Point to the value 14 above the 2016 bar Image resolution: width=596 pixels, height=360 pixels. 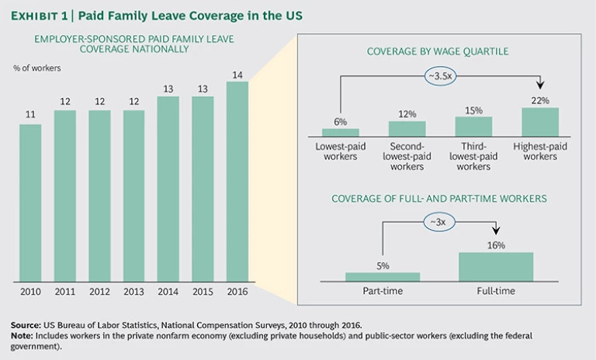pos(237,74)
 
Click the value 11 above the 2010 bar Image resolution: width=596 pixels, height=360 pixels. pos(30,116)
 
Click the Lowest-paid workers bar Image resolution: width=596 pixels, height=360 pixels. pos(340,132)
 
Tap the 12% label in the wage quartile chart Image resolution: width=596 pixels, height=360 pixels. pos(407,114)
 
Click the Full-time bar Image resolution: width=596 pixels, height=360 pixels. pos(496,266)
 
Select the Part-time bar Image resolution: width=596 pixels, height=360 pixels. pos(383,275)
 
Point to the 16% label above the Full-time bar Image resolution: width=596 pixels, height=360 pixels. pos(496,245)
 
